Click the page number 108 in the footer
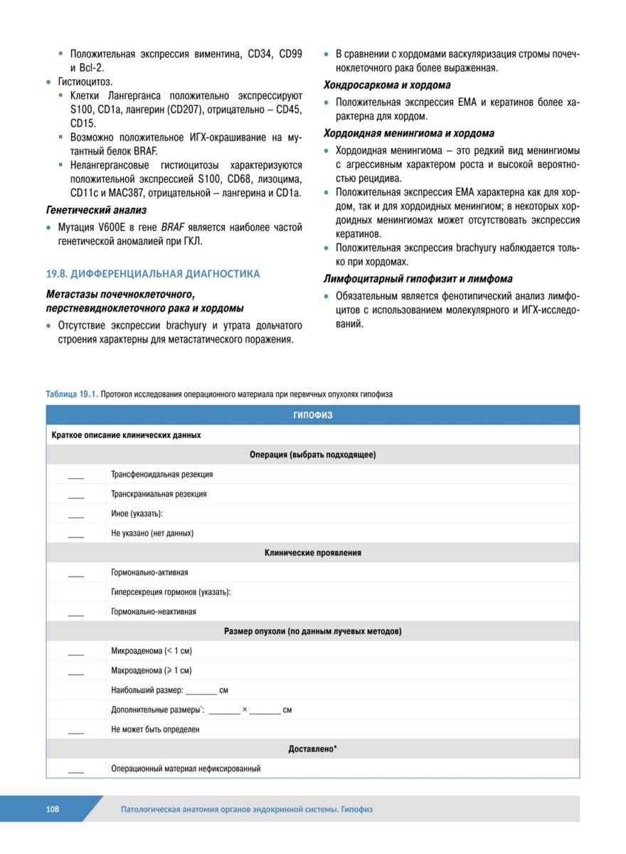tap(53, 809)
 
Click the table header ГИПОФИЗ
tap(312, 415)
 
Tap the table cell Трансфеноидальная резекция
tap(161, 474)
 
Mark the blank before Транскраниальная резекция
tap(76, 494)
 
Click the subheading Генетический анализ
tap(96, 210)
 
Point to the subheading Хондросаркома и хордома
tap(387, 85)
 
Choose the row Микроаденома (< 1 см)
tap(152, 650)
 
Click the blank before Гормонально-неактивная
tap(76, 611)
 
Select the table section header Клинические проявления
tap(312, 552)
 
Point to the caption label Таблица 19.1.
tap(72, 394)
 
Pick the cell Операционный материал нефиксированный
tap(186, 769)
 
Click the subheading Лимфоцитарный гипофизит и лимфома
tap(418, 278)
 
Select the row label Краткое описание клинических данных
tap(126, 434)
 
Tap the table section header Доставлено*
tap(312, 749)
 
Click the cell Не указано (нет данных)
tap(152, 533)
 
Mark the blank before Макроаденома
tap(76, 670)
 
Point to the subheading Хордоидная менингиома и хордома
tap(409, 133)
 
